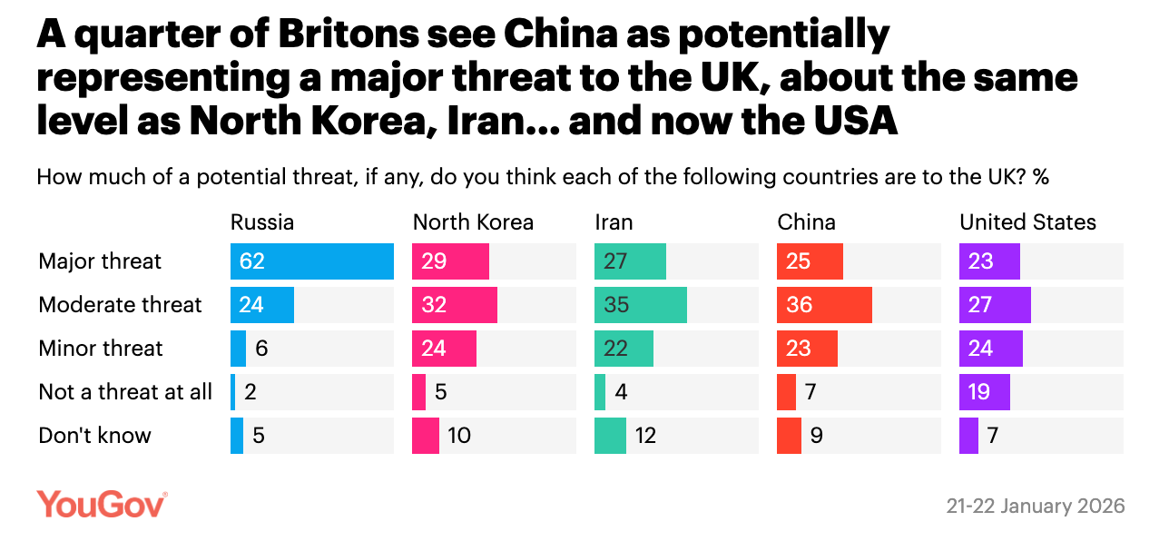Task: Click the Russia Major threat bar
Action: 311,261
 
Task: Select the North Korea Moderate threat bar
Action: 455,305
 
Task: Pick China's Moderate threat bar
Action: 824,305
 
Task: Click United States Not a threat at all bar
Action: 985,392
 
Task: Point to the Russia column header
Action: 262,222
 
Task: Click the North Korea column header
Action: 473,222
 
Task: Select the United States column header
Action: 1028,222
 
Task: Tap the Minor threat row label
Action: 101,349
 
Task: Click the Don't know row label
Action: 94,436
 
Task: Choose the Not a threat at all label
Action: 125,392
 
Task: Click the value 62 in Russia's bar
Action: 252,261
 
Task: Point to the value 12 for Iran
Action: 646,436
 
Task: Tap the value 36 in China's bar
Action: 800,305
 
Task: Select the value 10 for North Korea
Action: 459,436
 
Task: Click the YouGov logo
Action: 102,504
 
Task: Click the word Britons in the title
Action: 327,36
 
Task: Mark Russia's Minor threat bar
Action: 239,349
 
